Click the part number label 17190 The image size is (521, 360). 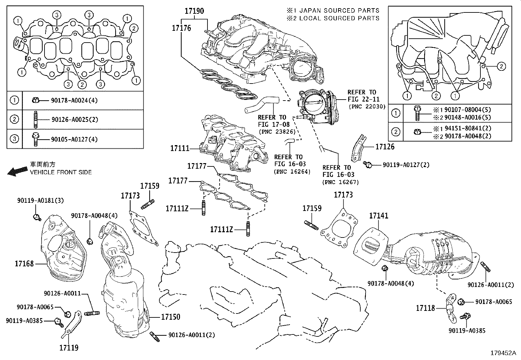tap(194, 11)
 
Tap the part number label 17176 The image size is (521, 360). tap(181, 28)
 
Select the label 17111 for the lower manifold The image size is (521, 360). tap(180, 148)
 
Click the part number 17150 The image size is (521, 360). tap(170, 317)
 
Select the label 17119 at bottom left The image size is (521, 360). tap(69, 348)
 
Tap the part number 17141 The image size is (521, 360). tap(379, 216)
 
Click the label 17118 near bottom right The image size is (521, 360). tap(425, 308)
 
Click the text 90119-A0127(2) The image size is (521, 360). tap(406, 165)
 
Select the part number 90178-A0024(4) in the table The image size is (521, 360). tap(74, 101)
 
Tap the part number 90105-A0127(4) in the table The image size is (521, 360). tap(74, 139)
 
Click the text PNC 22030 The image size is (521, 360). tap(367, 106)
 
